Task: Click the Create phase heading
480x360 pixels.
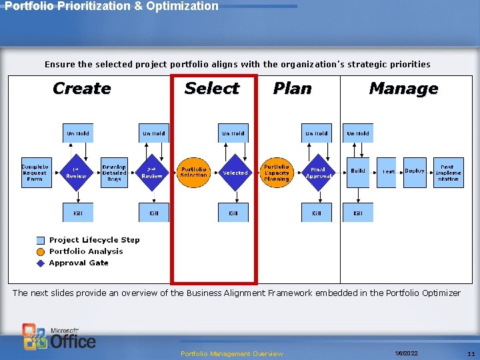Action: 81,89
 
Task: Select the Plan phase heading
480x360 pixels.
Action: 292,89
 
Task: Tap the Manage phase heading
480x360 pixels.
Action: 403,89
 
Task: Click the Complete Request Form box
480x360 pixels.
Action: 35,172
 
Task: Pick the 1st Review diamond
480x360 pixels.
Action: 77,173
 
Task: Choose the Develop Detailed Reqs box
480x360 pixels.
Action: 114,173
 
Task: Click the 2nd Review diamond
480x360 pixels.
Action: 153,173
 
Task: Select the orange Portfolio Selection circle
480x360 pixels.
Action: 194,172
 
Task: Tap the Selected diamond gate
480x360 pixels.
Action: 235,173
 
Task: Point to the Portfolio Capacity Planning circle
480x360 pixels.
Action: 277,172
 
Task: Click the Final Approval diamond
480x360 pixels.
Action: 318,173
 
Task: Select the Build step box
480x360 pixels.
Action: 358,172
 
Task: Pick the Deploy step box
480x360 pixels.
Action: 415,172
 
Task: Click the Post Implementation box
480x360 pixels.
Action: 448,173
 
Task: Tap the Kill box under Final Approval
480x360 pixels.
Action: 317,213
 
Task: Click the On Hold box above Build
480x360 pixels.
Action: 358,133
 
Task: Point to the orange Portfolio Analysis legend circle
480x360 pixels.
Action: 41,252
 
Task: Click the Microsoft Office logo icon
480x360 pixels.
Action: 35,337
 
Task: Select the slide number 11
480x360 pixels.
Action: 471,353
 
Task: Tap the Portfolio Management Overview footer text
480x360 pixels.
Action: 232,353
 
